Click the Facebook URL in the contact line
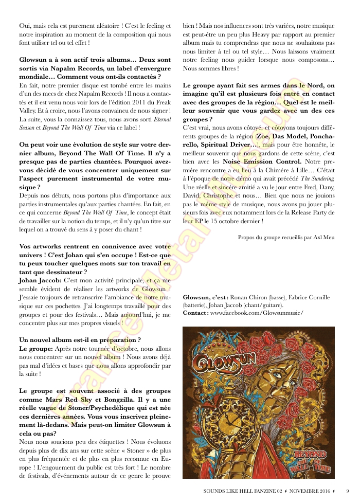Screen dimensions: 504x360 click(x=257, y=313)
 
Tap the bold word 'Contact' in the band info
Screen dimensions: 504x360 click(x=195, y=313)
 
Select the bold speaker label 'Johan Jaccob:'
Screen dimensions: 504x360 click(x=40, y=281)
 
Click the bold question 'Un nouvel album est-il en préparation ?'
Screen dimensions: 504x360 click(x=80, y=340)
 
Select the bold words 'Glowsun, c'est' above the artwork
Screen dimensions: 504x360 click(x=204, y=298)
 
